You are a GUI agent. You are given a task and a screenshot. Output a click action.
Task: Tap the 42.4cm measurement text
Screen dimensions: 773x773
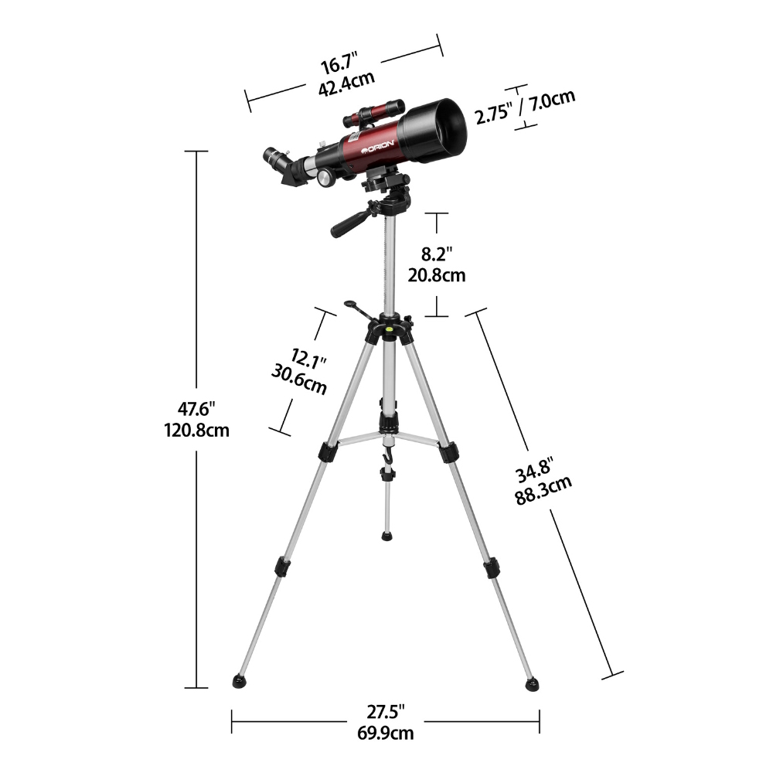point(346,84)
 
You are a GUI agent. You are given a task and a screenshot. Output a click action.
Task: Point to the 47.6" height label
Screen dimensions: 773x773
point(196,409)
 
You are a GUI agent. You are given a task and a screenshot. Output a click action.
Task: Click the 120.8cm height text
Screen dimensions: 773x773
point(196,431)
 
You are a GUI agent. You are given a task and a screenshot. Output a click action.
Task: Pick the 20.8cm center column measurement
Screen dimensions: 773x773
point(436,275)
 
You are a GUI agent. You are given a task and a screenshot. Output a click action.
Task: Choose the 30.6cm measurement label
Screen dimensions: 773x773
point(298,380)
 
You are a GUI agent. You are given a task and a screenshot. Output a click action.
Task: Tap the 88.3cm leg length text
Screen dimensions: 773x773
point(543,489)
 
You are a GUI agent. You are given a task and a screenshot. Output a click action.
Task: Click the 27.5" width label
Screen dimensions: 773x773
point(386,713)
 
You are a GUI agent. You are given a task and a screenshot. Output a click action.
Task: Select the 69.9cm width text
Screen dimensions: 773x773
point(386,733)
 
